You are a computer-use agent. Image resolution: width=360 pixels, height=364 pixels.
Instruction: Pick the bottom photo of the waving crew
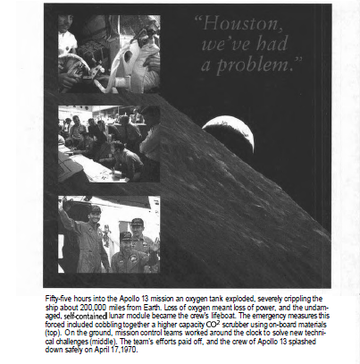point(108,234)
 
